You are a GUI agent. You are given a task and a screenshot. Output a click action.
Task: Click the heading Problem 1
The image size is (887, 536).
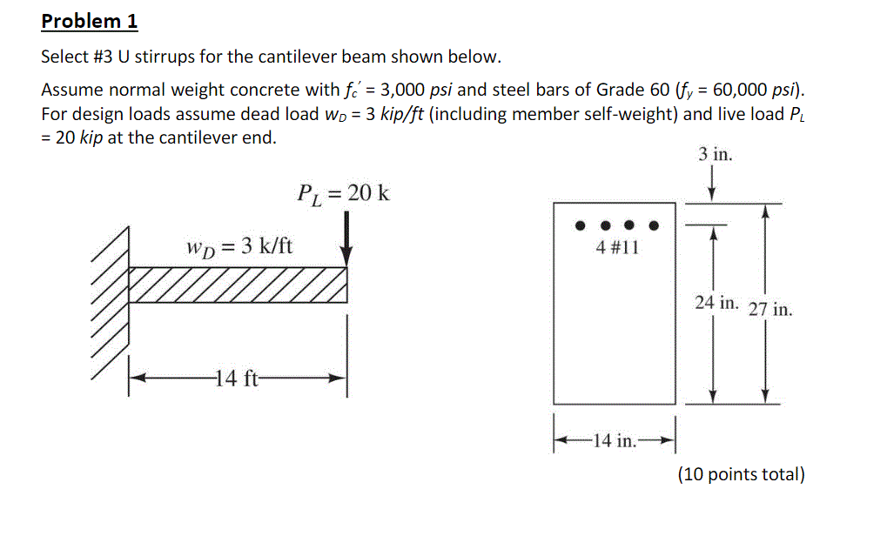tap(90, 21)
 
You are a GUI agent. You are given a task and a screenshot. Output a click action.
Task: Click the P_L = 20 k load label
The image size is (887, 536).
tap(343, 192)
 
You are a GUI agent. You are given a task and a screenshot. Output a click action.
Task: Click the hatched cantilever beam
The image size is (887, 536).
tap(237, 285)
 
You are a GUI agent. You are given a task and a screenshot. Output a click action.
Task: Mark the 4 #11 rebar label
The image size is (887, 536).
tap(617, 247)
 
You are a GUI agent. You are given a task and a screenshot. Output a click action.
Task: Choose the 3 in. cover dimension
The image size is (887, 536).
tap(715, 155)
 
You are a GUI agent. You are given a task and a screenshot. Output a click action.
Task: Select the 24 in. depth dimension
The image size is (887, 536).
tap(716, 302)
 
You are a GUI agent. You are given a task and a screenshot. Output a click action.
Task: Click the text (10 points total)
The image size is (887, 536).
tap(741, 474)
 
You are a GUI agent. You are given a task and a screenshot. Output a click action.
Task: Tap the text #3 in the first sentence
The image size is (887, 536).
tap(103, 57)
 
